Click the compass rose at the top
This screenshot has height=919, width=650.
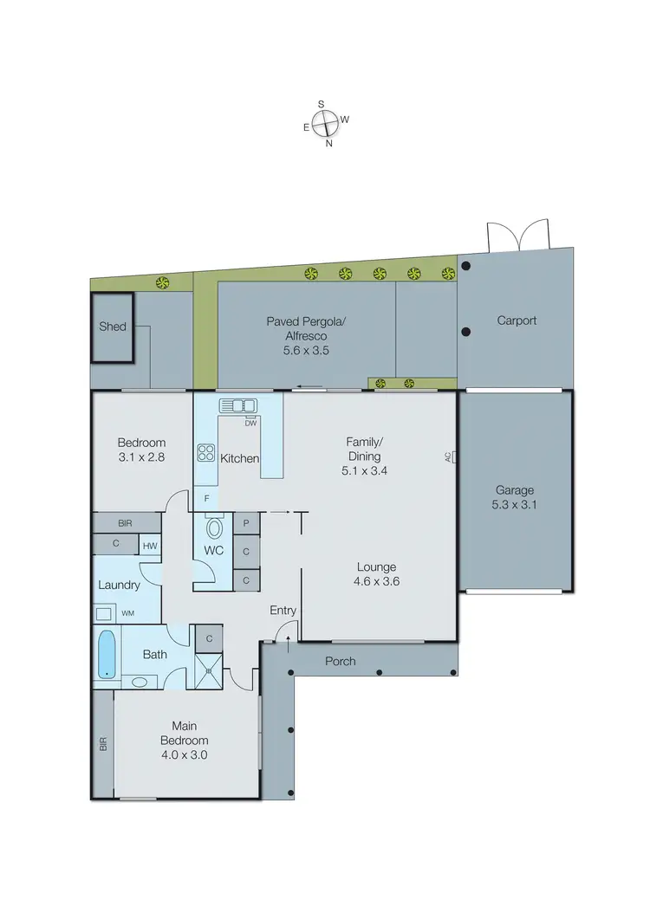point(325,124)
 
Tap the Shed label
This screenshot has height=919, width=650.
point(112,327)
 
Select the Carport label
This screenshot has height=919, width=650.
point(517,320)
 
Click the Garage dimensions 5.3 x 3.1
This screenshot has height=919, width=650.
point(516,505)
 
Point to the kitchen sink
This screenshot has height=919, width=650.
point(238,405)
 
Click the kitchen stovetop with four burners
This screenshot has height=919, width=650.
point(207,451)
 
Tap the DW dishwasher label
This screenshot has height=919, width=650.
point(250,423)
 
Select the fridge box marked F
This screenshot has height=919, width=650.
point(206,498)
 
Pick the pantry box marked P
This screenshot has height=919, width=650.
point(246,523)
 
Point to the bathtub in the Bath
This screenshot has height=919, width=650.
point(107,654)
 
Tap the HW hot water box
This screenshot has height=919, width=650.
point(150,545)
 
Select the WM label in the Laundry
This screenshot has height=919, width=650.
point(127,613)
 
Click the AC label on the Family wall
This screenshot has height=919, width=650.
point(448,457)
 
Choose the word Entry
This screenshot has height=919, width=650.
point(283,611)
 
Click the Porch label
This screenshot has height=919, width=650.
point(340,661)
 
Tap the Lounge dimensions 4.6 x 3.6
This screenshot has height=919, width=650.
point(377,582)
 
